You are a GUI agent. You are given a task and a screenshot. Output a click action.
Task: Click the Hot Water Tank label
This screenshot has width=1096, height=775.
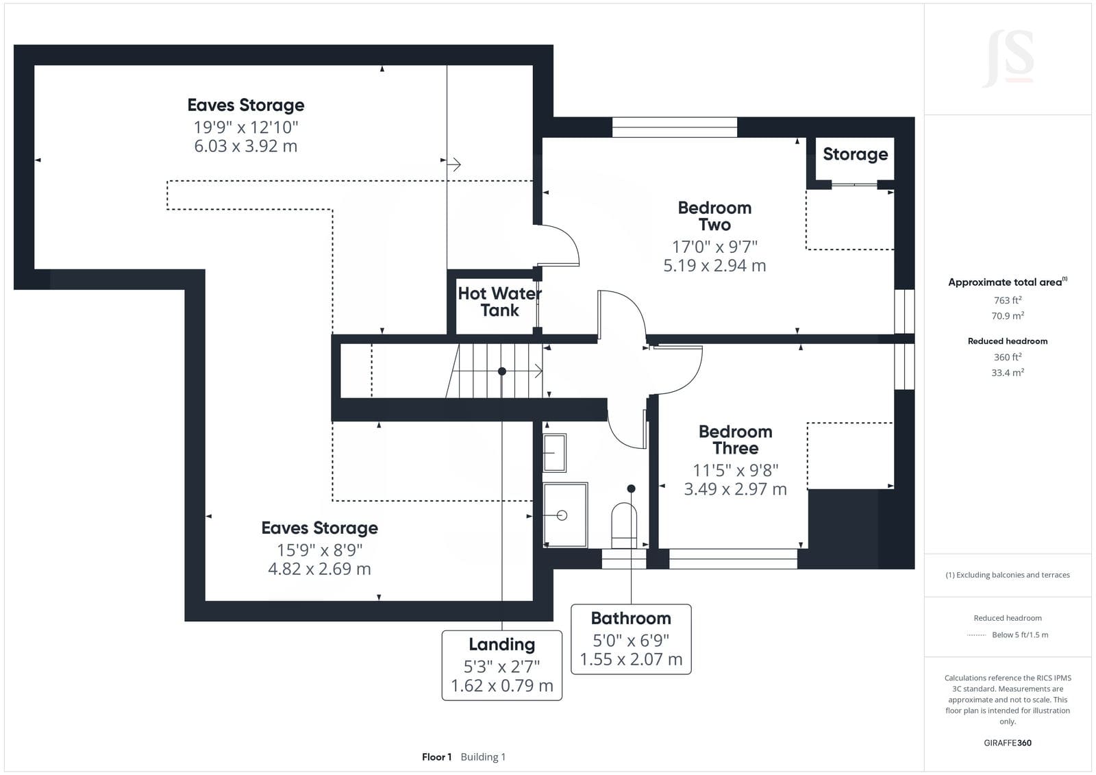(x=499, y=302)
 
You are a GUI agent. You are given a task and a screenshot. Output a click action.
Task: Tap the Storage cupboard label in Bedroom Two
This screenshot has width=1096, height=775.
(x=856, y=153)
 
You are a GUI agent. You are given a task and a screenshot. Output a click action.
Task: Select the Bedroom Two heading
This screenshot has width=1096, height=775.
(x=714, y=216)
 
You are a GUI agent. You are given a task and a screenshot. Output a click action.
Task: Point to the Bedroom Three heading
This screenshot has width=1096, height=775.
(x=736, y=440)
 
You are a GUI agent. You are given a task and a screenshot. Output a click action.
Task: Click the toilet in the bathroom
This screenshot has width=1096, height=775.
(x=624, y=526)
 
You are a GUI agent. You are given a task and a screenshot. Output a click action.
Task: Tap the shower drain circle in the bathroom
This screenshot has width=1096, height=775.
(x=562, y=515)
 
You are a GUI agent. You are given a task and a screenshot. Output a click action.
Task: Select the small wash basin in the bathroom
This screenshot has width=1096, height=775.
(x=554, y=453)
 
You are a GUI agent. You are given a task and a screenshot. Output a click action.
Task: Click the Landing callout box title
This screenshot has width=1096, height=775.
(x=502, y=644)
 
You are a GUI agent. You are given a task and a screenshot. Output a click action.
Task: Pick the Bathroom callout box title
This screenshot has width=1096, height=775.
(x=631, y=618)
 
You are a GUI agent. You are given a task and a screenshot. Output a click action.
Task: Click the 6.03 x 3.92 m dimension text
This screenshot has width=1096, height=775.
(x=246, y=146)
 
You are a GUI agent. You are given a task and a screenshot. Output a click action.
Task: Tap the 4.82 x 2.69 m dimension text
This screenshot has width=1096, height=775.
(x=319, y=569)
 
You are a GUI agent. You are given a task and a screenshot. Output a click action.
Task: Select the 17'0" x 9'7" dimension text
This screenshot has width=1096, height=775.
(x=714, y=246)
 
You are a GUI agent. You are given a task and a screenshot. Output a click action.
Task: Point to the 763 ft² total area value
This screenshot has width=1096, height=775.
(x=1008, y=300)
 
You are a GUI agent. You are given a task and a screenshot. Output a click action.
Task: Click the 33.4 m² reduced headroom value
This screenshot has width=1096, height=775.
(x=1008, y=373)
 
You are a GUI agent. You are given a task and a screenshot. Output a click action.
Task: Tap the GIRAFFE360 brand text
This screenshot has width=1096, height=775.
(x=1008, y=743)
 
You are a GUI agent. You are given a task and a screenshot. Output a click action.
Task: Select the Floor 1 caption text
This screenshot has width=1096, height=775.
(x=436, y=757)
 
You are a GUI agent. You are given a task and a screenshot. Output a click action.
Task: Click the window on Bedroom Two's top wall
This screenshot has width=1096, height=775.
(x=675, y=127)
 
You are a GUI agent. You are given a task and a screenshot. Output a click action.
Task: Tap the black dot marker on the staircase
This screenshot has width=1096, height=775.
(x=502, y=371)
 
